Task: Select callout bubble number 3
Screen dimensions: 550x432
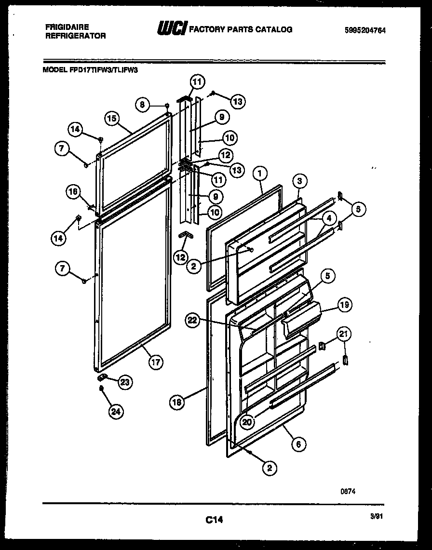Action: click(299, 181)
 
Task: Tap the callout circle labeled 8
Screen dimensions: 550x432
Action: click(142, 104)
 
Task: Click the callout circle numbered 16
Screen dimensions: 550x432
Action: click(72, 192)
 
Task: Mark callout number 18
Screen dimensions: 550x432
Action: click(177, 402)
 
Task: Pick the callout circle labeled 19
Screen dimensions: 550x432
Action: click(344, 305)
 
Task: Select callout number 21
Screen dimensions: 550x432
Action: click(344, 334)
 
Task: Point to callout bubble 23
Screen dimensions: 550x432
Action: click(124, 382)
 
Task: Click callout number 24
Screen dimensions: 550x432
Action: click(116, 411)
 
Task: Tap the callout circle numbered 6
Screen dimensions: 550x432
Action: click(298, 444)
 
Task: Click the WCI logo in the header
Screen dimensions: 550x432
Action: click(172, 29)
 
